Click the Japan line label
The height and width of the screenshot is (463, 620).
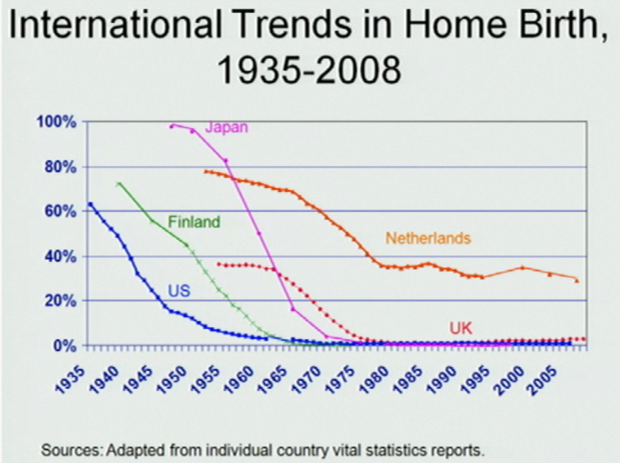pyautogui.click(x=226, y=127)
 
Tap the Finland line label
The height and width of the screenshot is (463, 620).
pyautogui.click(x=194, y=222)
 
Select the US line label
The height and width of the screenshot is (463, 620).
pyautogui.click(x=179, y=291)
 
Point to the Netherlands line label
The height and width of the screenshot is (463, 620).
pyautogui.click(x=428, y=238)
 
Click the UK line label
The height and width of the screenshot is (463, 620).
pyautogui.click(x=461, y=328)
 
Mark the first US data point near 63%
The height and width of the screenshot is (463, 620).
pyautogui.click(x=91, y=204)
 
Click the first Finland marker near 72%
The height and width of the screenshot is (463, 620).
pyautogui.click(x=119, y=184)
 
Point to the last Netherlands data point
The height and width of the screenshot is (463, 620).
pyautogui.click(x=577, y=281)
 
